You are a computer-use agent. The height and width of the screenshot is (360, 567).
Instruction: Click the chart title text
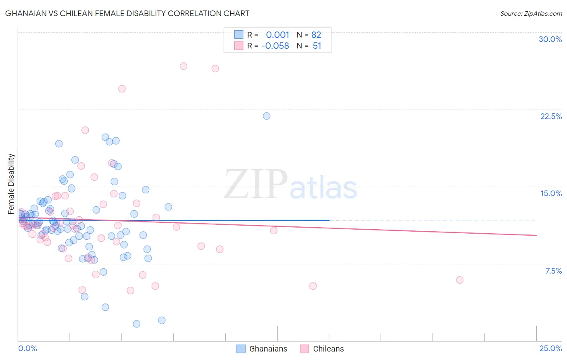(127, 13)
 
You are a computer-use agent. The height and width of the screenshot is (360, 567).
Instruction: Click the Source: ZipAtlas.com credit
(531, 13)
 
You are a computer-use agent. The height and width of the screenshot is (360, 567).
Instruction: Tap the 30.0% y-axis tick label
(550, 39)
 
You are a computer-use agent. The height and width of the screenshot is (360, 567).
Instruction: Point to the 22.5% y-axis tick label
(551, 116)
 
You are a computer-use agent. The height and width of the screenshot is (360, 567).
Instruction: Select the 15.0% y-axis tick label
(551, 193)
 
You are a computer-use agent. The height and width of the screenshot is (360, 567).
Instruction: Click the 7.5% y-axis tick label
(553, 271)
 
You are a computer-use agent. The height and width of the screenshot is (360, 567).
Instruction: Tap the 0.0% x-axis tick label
(27, 348)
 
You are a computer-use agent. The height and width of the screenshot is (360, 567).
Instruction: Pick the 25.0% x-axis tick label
(550, 348)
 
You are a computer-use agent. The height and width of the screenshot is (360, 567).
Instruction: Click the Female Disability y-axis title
(11, 184)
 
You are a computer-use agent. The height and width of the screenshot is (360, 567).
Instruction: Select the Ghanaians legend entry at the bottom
(262, 349)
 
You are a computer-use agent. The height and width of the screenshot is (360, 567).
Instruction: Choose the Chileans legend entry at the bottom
(322, 349)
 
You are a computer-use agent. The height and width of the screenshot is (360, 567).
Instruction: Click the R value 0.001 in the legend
(277, 35)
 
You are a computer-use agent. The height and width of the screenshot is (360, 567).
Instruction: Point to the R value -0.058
(275, 46)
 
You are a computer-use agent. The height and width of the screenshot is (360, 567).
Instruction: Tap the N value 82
(316, 35)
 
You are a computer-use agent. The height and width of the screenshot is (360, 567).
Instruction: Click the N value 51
(317, 46)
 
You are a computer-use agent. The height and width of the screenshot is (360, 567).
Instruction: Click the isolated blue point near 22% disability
(267, 116)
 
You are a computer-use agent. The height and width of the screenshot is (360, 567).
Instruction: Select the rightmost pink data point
(459, 280)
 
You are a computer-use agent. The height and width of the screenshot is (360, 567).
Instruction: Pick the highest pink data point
(183, 66)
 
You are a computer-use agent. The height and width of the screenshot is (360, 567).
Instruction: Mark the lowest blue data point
(137, 324)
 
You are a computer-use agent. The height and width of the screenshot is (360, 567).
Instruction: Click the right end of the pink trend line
(536, 235)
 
